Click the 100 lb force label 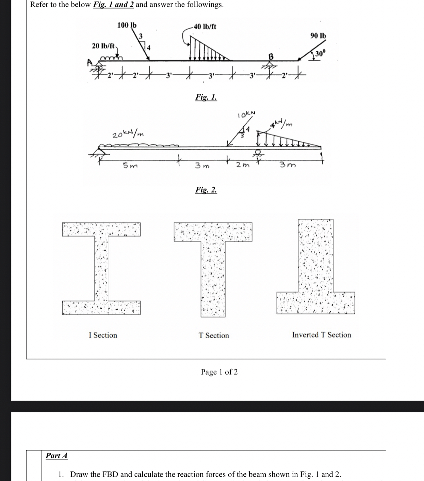127,25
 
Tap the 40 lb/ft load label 205,27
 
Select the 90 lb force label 318,36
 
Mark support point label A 90,62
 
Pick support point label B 271,57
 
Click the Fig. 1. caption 206,97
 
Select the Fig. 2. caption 206,190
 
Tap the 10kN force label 247,114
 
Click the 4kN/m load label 281,124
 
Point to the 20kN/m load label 128,133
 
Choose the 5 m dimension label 130,166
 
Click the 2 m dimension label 243,165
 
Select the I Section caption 103,335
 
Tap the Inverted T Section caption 321,335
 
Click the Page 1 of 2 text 219,372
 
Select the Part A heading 56,456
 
